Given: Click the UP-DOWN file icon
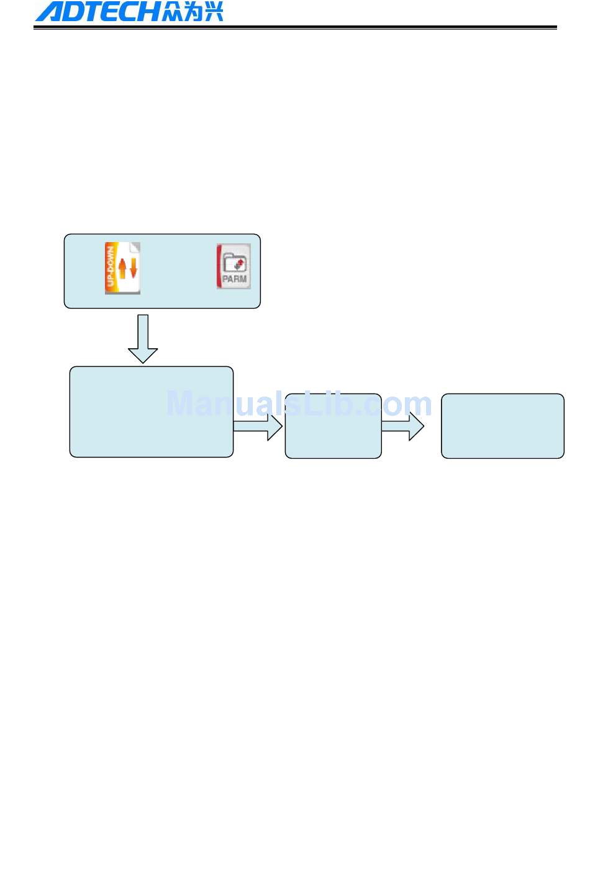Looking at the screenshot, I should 122,268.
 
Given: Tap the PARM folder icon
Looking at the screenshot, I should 234,266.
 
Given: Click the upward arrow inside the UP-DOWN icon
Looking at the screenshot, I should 122,268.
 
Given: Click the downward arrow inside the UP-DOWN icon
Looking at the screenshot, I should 132,269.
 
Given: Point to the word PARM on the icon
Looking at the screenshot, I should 234,279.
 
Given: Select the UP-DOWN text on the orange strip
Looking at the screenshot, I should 111,267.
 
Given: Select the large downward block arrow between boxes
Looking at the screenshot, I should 143,339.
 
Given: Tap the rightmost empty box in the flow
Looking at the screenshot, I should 502,426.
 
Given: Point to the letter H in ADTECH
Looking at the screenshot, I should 148,12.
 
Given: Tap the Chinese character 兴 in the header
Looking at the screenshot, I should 213,12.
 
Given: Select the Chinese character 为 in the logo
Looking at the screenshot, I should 193,12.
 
